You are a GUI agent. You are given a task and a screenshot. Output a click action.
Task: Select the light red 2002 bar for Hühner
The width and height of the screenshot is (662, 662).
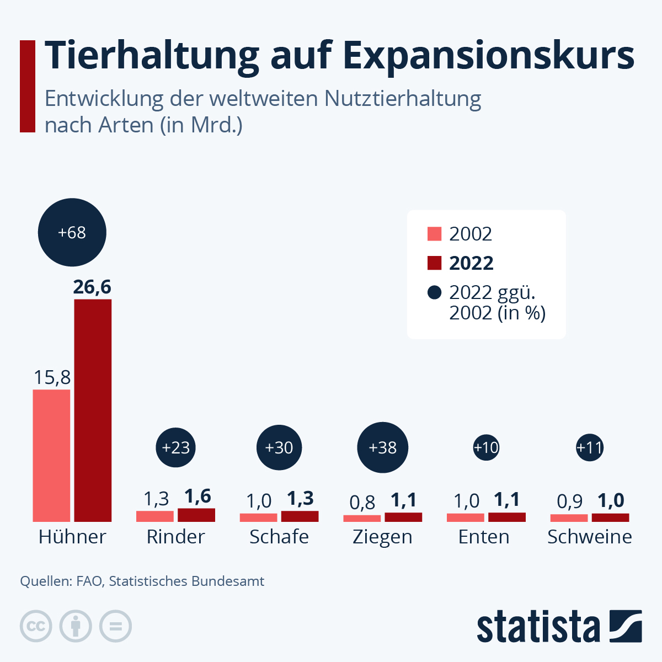point(51,455)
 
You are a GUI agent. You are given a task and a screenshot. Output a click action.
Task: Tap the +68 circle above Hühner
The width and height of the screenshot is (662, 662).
point(72,233)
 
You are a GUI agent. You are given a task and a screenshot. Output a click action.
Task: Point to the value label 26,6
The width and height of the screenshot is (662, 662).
point(92,287)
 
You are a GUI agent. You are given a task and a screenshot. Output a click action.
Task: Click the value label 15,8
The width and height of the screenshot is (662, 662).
point(52,377)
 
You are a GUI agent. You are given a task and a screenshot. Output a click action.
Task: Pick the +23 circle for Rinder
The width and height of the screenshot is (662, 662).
point(176,447)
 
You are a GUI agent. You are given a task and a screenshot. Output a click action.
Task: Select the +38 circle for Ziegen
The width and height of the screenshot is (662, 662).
point(382,447)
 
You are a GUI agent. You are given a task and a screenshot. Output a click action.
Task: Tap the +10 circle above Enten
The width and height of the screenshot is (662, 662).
point(486,447)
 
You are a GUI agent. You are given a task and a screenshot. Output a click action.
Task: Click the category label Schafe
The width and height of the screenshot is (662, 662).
point(279,537)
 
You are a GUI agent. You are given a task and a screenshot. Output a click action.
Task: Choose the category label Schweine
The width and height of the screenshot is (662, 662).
point(589,537)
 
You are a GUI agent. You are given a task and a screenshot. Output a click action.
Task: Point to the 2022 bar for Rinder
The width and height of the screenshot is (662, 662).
point(196,515)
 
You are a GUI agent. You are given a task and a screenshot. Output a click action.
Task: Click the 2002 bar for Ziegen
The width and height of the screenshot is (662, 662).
point(362,518)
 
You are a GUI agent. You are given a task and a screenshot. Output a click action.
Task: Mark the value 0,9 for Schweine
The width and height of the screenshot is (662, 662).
point(569,501)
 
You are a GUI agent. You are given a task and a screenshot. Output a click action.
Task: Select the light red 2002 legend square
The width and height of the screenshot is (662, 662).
point(434,234)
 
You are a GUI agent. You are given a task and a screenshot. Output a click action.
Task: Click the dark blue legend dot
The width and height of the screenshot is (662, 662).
point(434,292)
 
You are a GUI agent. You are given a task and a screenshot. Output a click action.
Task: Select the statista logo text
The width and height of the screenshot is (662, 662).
point(538,627)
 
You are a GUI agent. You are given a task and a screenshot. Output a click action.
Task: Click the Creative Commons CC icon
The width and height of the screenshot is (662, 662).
point(36,627)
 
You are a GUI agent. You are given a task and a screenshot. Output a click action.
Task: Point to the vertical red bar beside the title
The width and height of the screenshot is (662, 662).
point(27,86)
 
